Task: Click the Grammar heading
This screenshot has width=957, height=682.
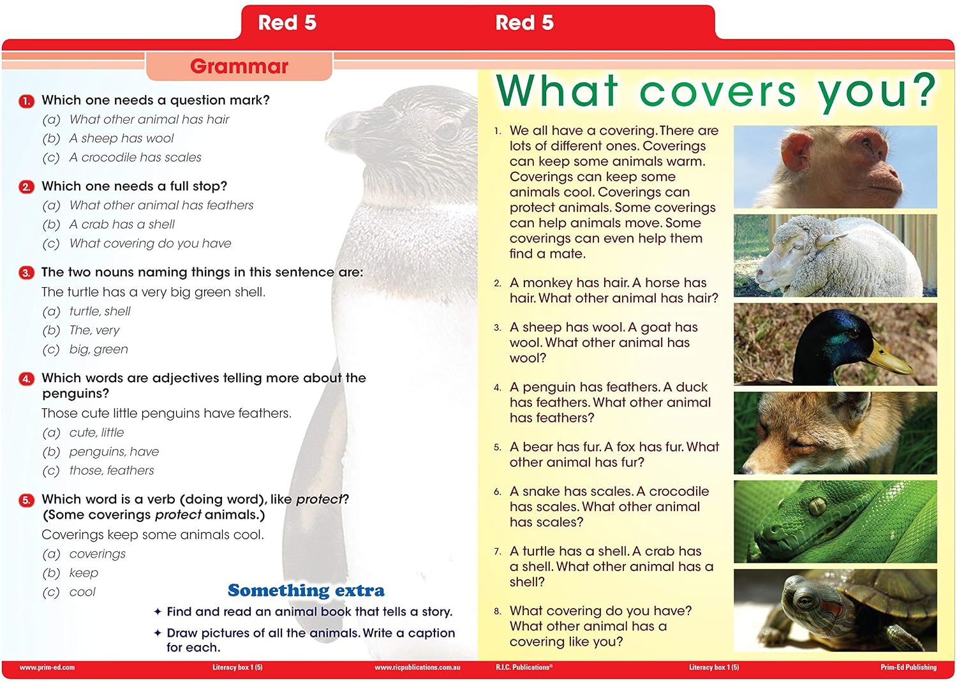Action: point(239,66)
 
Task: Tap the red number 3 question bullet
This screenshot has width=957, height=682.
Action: point(26,272)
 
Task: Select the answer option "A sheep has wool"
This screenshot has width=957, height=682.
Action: point(121,138)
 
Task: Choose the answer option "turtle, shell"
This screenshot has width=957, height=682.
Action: point(100,311)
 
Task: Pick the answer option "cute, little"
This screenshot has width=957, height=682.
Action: point(96,433)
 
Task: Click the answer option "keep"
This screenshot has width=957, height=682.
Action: point(84,573)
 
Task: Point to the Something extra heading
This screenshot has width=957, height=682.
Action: point(306,590)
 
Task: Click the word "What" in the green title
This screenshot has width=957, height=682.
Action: point(557,91)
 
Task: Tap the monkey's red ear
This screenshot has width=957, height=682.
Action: point(797,152)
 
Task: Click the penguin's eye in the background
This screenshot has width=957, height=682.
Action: point(448,130)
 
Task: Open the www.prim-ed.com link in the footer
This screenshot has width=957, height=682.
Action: point(47,667)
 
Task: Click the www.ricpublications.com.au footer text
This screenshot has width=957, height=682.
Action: point(417,667)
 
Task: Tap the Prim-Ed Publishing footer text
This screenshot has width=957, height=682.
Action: point(909,667)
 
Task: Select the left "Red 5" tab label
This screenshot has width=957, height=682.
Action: point(287,22)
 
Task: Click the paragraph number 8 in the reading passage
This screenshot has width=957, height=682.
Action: point(497,611)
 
